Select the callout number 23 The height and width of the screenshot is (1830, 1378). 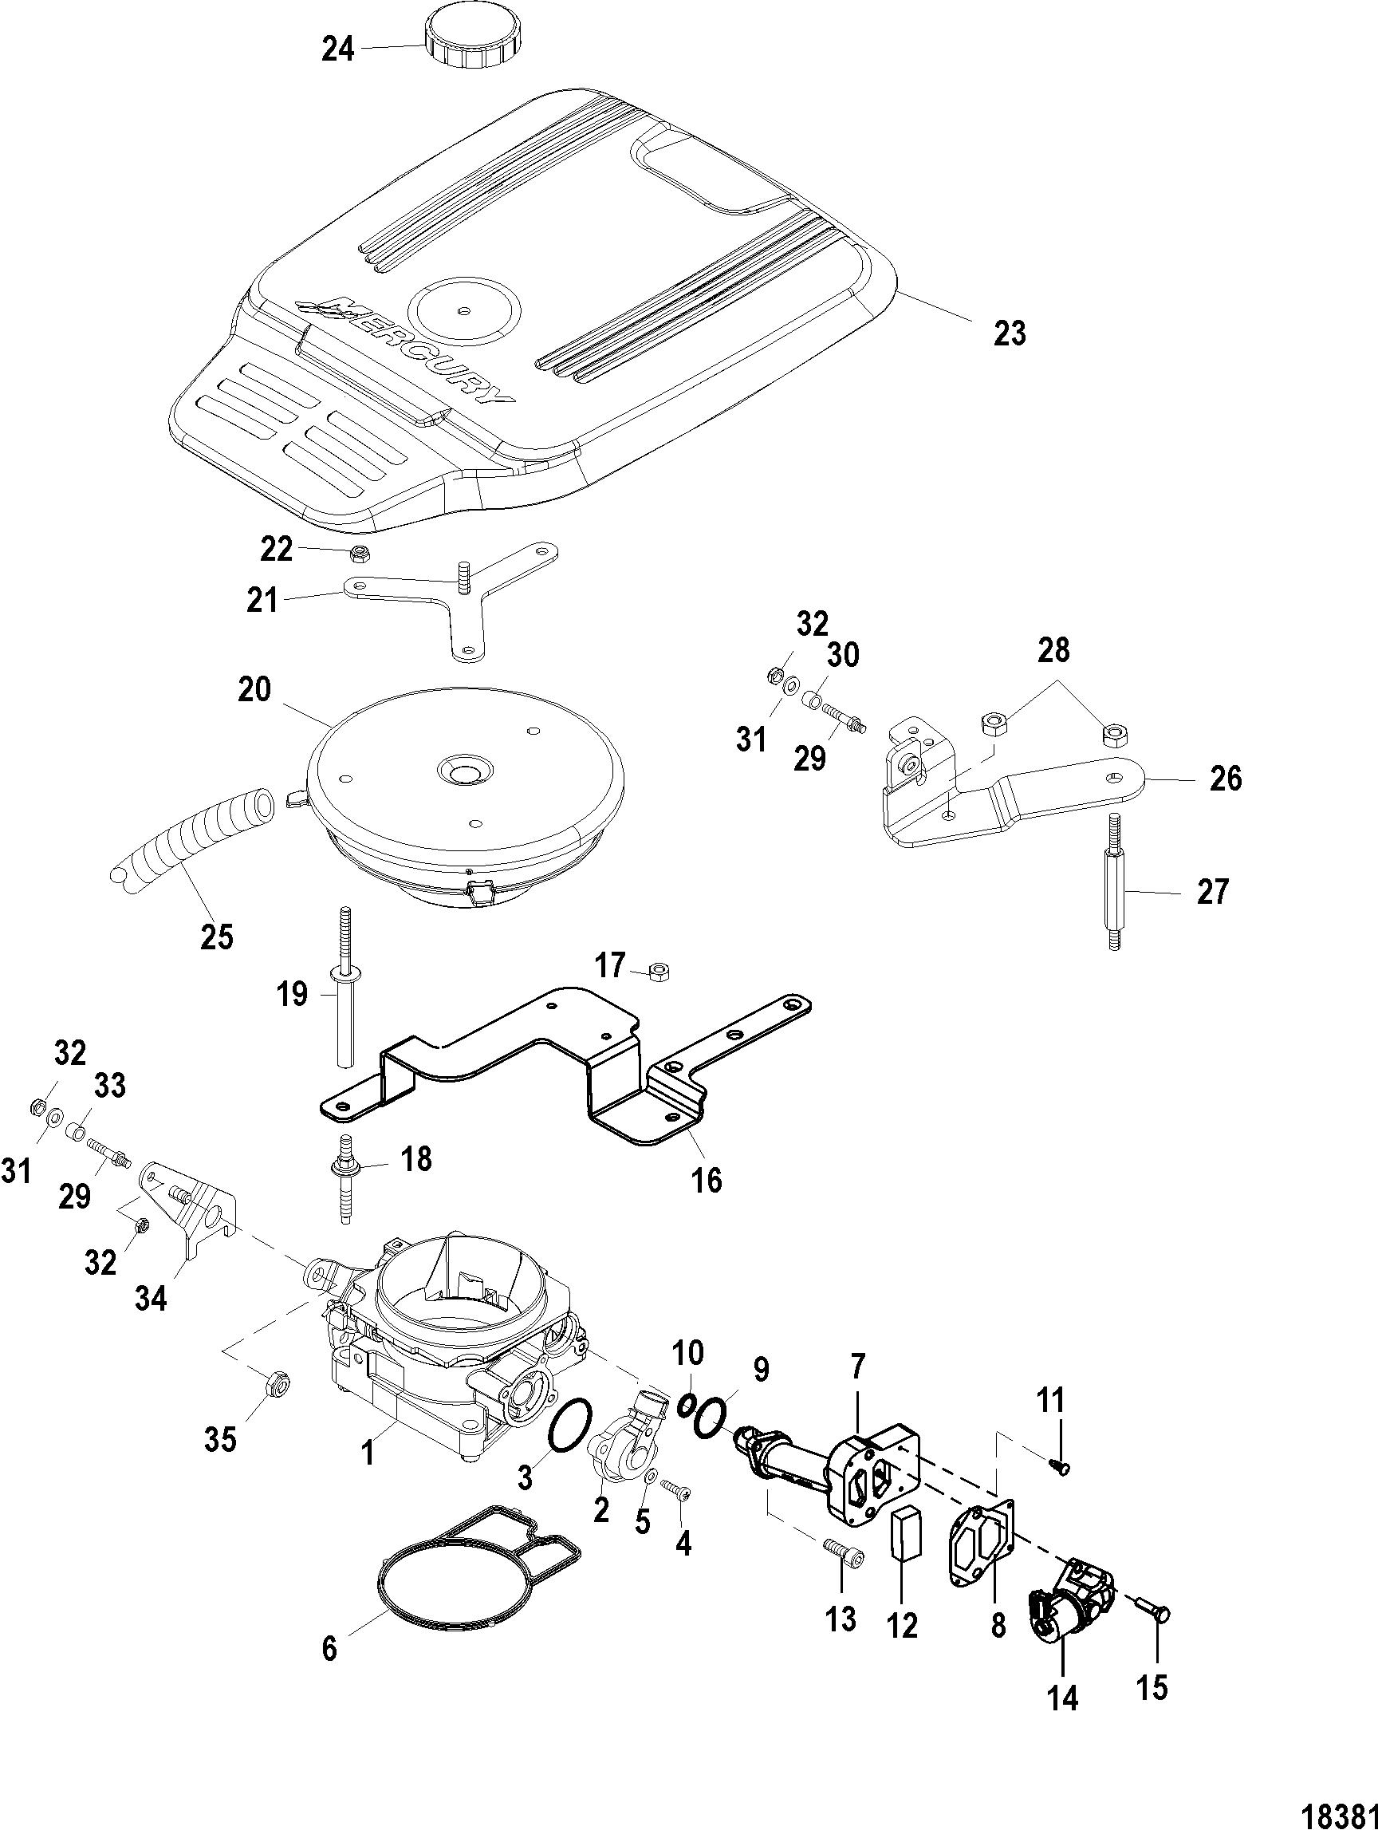1008,333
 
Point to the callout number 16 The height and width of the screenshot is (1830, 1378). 707,1180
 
